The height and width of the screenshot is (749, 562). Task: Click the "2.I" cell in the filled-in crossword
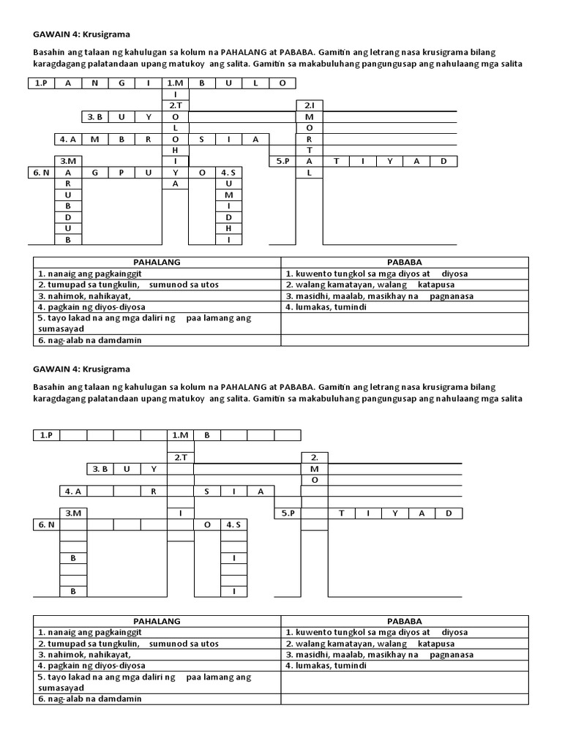pyautogui.click(x=310, y=105)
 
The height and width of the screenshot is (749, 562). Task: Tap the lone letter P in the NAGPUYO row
pyautogui.click(x=121, y=173)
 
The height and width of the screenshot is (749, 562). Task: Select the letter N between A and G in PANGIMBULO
pyautogui.click(x=95, y=83)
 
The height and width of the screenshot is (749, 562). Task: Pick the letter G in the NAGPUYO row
pyautogui.click(x=95, y=173)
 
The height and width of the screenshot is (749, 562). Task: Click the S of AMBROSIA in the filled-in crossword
pyautogui.click(x=202, y=139)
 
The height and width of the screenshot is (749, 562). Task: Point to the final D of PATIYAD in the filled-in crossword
pyautogui.click(x=443, y=161)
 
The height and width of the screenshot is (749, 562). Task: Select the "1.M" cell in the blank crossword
pyautogui.click(x=180, y=435)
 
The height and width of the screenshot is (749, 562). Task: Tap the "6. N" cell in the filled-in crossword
pyautogui.click(x=42, y=173)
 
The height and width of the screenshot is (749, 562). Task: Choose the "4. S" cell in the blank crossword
pyautogui.click(x=233, y=524)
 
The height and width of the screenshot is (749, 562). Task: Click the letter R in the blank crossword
pyautogui.click(x=154, y=491)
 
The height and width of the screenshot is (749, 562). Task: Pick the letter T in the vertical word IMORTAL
pyautogui.click(x=310, y=150)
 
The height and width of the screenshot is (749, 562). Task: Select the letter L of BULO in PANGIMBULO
pyautogui.click(x=255, y=83)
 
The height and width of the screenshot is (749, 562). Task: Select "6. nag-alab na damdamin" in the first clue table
pyautogui.click(x=89, y=340)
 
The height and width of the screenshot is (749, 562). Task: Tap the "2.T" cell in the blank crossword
pyautogui.click(x=180, y=457)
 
